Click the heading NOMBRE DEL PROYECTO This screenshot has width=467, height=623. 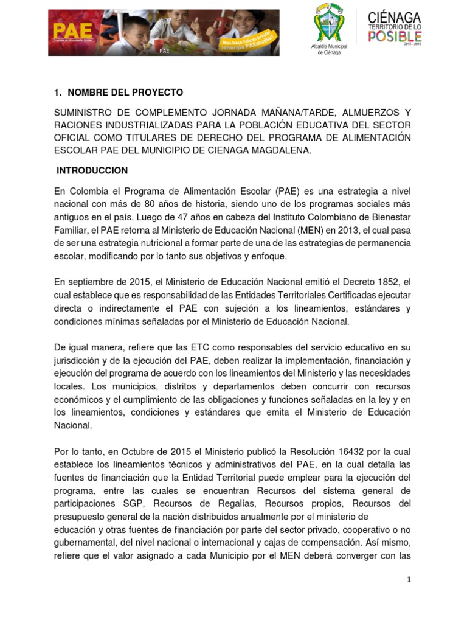coord(125,92)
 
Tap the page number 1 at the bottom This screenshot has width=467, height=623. coord(409,580)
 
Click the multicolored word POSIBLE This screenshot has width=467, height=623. coord(395,37)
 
